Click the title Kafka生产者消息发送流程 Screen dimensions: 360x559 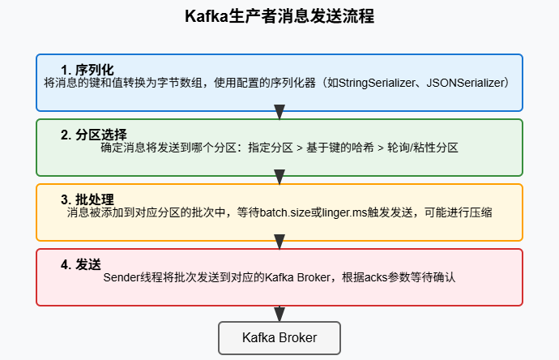279,17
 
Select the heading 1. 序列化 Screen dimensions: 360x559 87,69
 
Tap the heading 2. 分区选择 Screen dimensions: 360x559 93,134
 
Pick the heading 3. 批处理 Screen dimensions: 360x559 87,199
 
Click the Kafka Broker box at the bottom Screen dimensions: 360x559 279,337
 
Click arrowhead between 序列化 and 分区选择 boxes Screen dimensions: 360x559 279,112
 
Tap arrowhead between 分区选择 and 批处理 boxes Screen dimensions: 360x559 279,177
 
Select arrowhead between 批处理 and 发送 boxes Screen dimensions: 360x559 279,242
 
